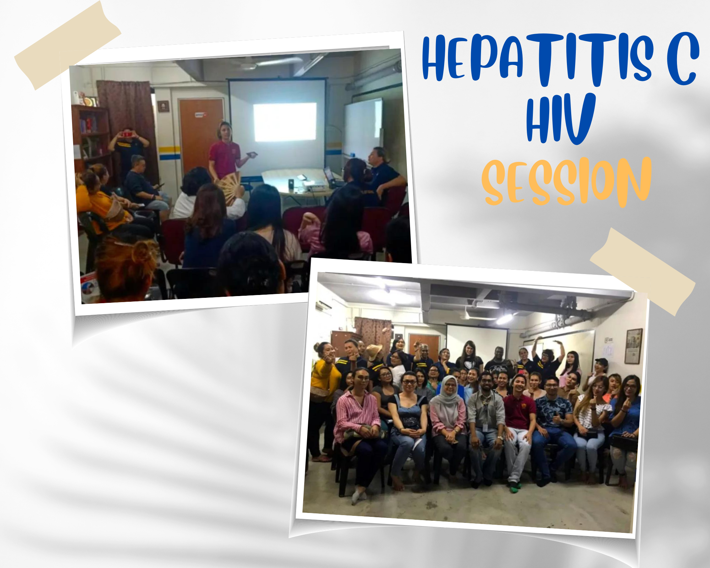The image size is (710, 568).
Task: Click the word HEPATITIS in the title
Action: tap(537, 59)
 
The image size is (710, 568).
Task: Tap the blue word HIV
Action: tap(561, 118)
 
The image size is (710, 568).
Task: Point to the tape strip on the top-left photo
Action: tap(67, 45)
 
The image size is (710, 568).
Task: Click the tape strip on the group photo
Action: tap(643, 272)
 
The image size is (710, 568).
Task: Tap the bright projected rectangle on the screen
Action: tap(285, 122)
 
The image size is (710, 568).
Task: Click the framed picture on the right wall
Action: tap(633, 346)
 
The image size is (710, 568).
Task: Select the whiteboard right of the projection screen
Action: tap(363, 128)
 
